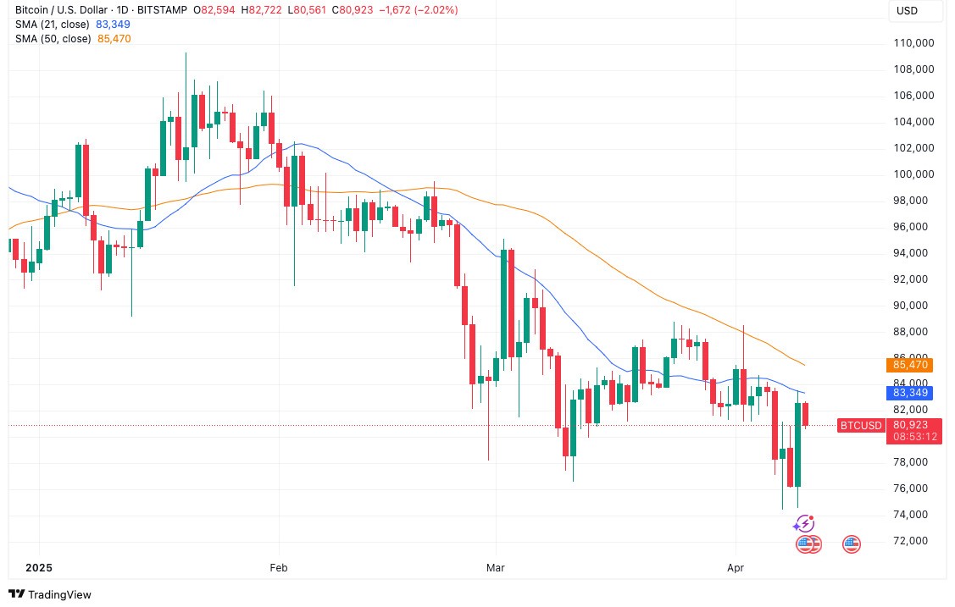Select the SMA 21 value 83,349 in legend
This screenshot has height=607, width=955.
tap(114, 25)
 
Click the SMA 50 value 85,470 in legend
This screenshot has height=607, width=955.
tap(114, 38)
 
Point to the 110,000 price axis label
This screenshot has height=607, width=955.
tap(913, 43)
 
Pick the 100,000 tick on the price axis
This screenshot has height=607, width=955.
tap(913, 174)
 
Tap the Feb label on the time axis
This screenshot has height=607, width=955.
tap(279, 567)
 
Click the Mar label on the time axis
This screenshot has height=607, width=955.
tap(497, 567)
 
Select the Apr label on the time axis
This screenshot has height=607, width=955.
tap(735, 567)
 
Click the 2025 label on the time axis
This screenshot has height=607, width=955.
tap(40, 567)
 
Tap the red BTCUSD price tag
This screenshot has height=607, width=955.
tap(861, 425)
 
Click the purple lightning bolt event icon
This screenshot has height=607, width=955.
tap(804, 524)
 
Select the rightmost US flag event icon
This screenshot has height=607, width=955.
tap(852, 544)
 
